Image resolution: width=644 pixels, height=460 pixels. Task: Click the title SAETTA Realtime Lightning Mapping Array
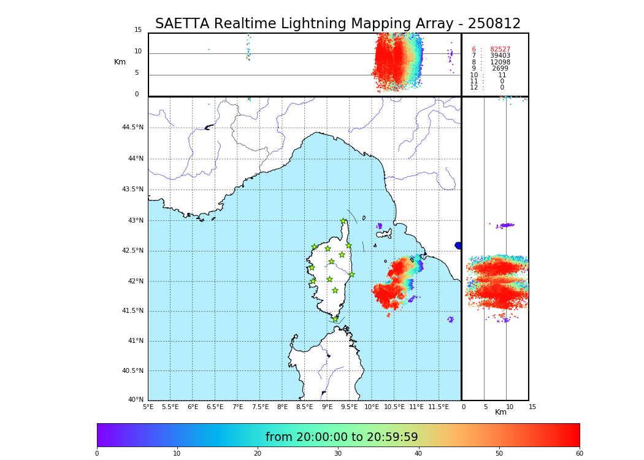337,24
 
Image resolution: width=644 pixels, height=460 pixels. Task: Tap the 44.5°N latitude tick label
132,128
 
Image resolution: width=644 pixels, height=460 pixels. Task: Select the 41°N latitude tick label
134,341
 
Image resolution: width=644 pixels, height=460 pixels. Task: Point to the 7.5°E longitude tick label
260,407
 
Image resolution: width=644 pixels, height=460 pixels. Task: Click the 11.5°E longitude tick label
439,407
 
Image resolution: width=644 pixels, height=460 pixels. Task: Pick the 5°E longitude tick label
148,407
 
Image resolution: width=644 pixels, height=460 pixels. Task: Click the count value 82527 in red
500,50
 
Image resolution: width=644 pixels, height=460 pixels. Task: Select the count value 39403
500,56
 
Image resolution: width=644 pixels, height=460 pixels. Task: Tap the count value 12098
500,63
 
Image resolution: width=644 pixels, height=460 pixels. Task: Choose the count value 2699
500,69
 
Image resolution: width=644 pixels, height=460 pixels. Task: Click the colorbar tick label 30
338,454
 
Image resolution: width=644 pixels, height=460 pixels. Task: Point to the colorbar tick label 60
579,454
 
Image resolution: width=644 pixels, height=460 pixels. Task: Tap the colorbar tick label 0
97,454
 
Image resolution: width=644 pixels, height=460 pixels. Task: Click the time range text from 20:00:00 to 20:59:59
342,437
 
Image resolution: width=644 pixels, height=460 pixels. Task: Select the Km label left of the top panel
120,62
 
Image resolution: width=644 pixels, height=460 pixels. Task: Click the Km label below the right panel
500,412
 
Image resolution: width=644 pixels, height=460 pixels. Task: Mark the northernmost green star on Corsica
343,221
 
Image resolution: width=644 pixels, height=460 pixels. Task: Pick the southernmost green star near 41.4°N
335,319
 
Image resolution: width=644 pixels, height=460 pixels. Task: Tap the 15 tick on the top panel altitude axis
138,30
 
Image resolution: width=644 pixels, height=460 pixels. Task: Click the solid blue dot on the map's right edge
458,245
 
